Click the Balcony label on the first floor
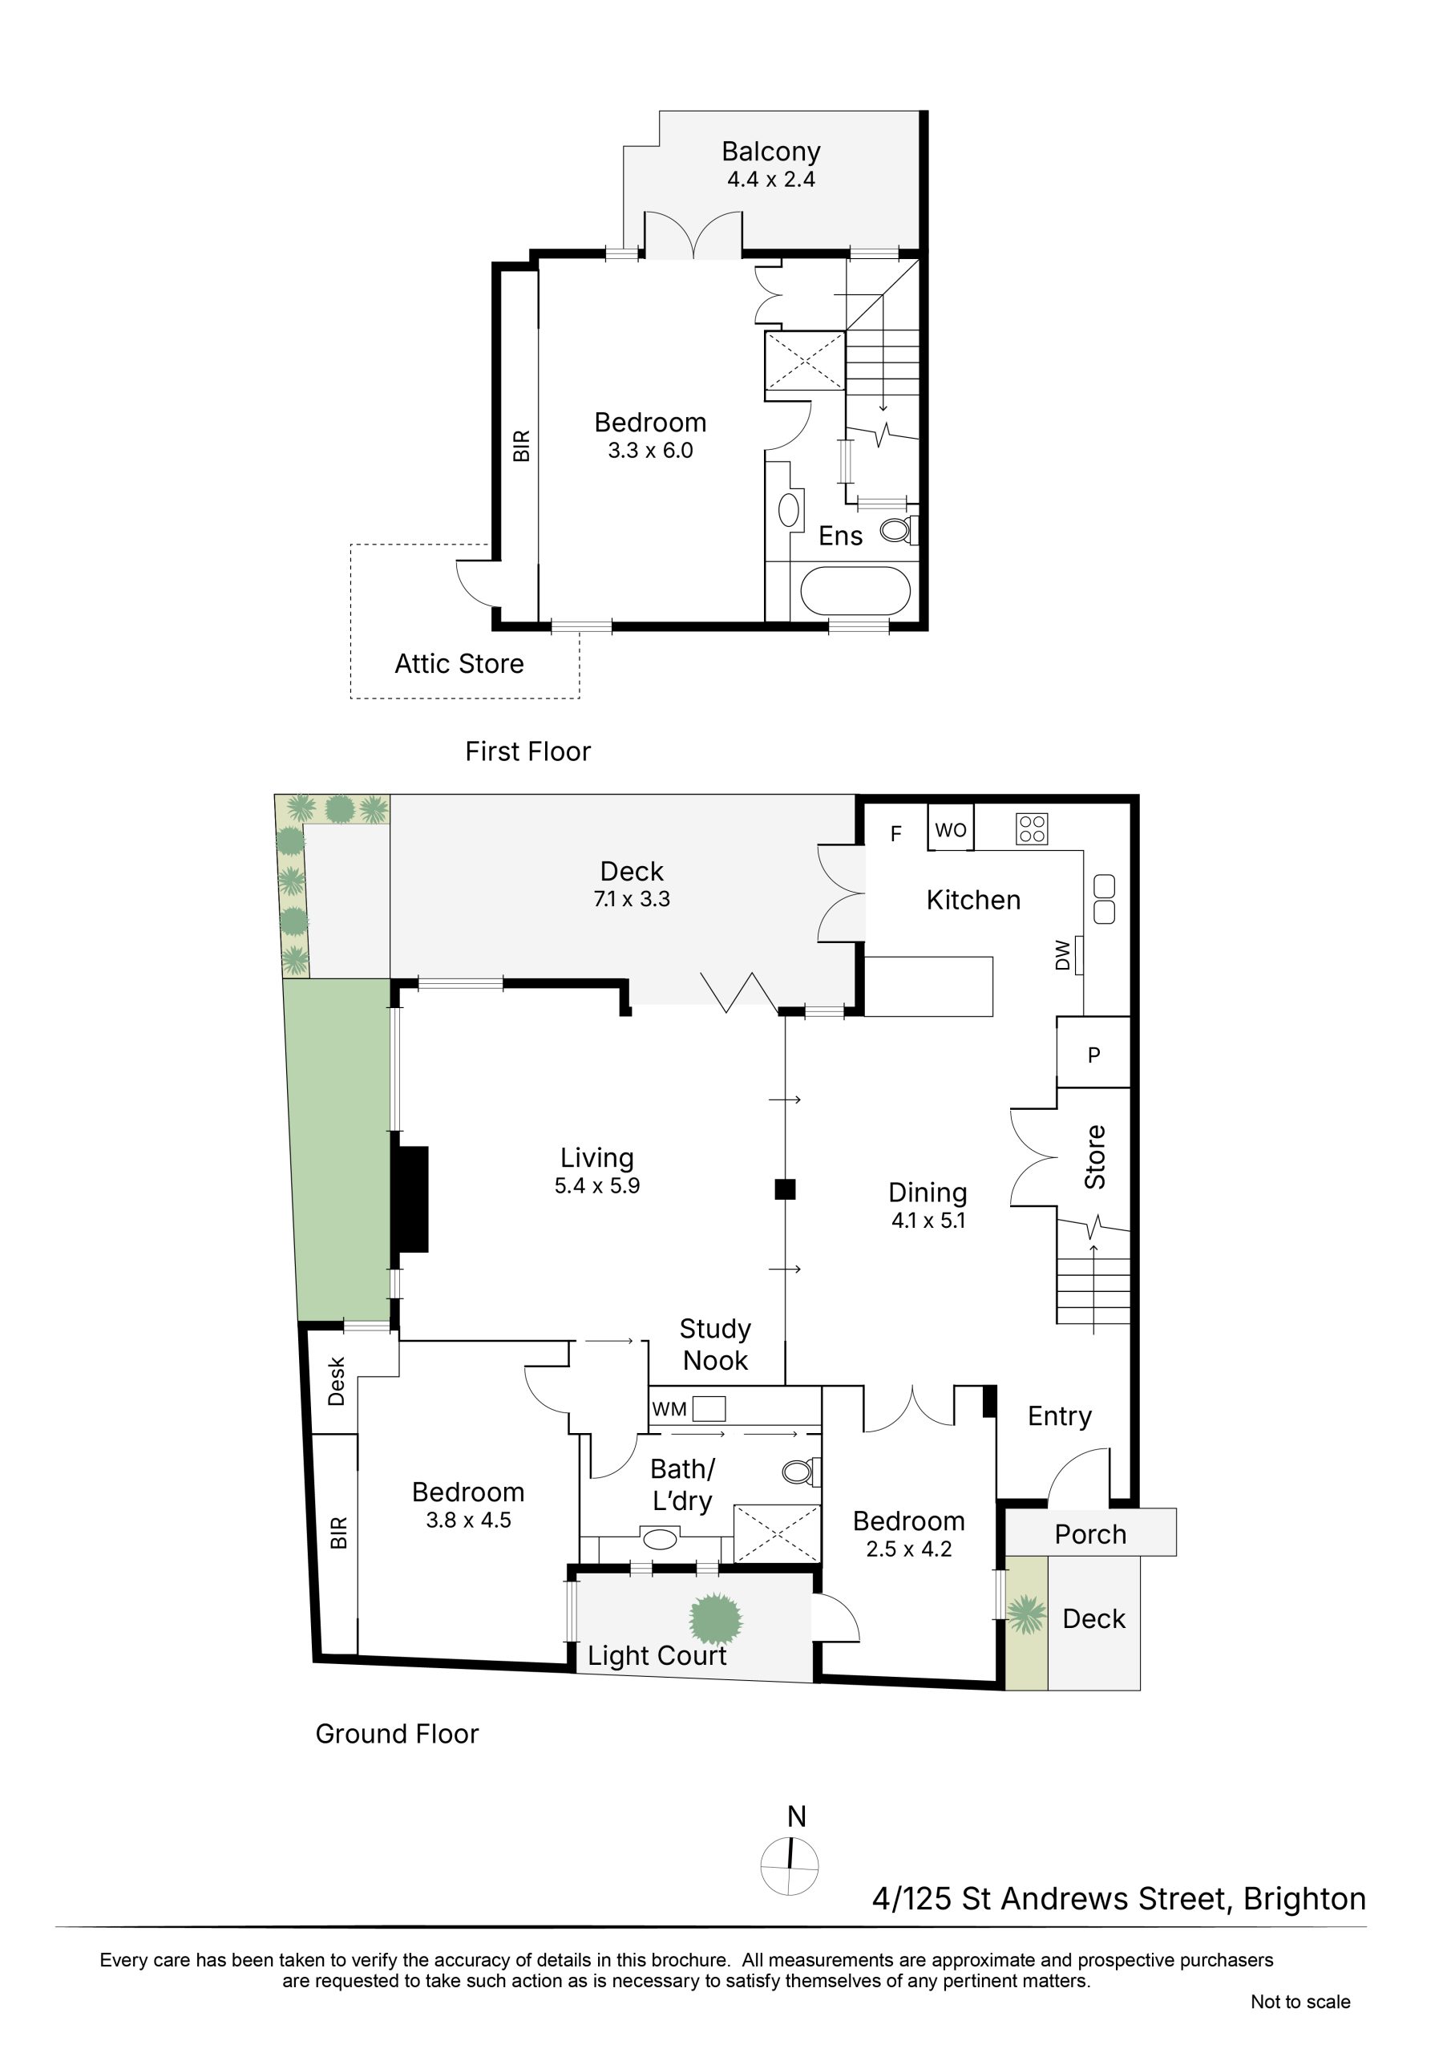tap(770, 152)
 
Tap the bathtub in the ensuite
tap(855, 591)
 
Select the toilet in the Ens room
tap(898, 530)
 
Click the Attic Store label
tap(459, 663)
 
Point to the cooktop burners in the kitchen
tap(1032, 829)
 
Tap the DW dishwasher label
tap(1063, 954)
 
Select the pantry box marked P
tap(1093, 1052)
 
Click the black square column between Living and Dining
tap(785, 1189)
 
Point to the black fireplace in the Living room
tap(410, 1198)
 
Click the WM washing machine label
tap(669, 1409)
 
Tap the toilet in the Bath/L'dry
tap(801, 1471)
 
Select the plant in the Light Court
tap(716, 1618)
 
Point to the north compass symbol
tap(790, 1866)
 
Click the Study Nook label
tap(715, 1345)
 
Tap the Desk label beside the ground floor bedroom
tap(336, 1382)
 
